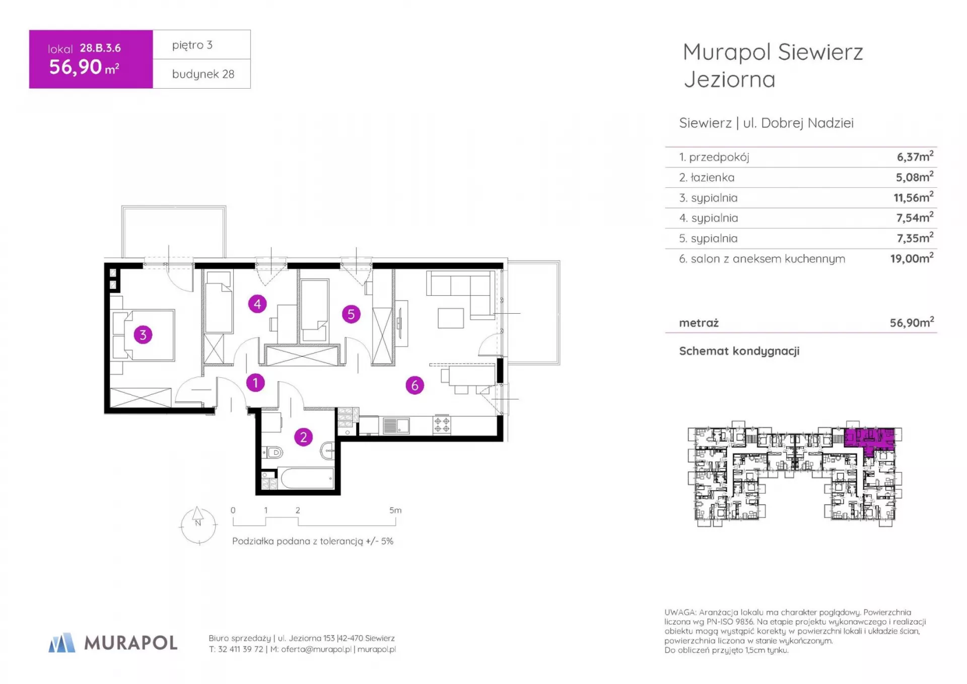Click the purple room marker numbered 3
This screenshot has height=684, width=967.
click(143, 334)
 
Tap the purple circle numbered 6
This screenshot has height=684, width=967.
click(415, 385)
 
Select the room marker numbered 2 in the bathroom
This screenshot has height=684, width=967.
click(303, 437)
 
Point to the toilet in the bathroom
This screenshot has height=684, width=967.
click(273, 452)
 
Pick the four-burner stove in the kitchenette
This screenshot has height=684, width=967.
click(442, 425)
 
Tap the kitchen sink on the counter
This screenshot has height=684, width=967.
click(396, 426)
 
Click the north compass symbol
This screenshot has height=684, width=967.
click(198, 525)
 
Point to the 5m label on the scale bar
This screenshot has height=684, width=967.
click(395, 510)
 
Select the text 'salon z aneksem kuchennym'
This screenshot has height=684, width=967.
click(768, 259)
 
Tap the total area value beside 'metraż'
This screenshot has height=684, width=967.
click(912, 322)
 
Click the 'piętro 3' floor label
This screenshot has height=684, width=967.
click(192, 45)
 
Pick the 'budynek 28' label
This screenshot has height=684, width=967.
click(203, 74)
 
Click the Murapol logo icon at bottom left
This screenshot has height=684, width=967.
click(61, 643)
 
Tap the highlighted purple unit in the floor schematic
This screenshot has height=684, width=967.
click(869, 438)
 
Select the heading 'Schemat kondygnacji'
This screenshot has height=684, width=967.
click(739, 351)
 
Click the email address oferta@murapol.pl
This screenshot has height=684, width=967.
click(316, 649)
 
